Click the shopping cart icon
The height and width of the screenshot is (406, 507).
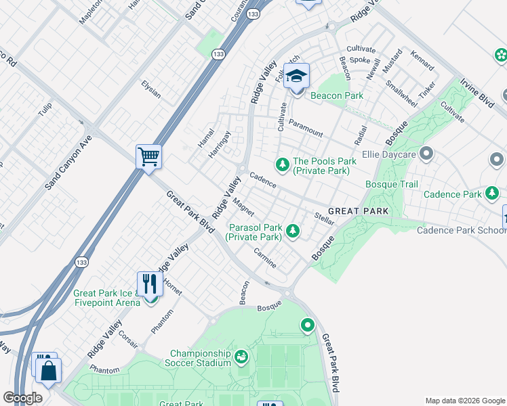(x=148, y=157)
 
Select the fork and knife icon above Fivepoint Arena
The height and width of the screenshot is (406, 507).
(x=149, y=284)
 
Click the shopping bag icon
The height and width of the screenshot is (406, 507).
(x=49, y=370)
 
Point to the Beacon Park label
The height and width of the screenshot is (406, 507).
(x=337, y=95)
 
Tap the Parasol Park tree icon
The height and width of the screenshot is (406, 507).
(x=292, y=231)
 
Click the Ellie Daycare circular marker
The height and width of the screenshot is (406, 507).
(x=426, y=154)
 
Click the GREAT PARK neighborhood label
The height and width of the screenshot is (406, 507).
(x=359, y=211)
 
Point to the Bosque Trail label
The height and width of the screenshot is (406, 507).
(x=392, y=184)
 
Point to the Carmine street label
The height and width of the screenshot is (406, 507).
(x=264, y=258)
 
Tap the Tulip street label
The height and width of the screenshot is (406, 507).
(x=45, y=110)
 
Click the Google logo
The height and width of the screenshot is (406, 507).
(x=22, y=398)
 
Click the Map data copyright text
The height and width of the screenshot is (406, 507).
(x=464, y=400)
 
